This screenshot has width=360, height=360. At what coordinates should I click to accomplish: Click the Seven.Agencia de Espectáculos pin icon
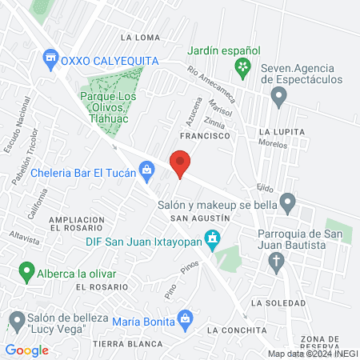(278, 98)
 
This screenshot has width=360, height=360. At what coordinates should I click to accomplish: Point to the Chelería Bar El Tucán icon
(146, 169)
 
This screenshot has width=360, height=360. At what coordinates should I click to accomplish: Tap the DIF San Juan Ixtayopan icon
(211, 238)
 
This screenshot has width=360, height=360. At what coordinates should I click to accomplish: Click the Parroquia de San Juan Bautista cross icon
(277, 261)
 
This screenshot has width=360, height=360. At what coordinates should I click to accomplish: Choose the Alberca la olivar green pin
(28, 272)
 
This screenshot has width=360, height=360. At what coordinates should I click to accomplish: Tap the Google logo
(26, 350)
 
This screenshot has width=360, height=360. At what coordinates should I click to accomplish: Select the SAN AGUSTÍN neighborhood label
(194, 218)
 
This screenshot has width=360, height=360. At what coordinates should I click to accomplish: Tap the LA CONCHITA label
(235, 330)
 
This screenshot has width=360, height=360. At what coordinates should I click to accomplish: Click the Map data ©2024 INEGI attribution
(313, 353)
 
